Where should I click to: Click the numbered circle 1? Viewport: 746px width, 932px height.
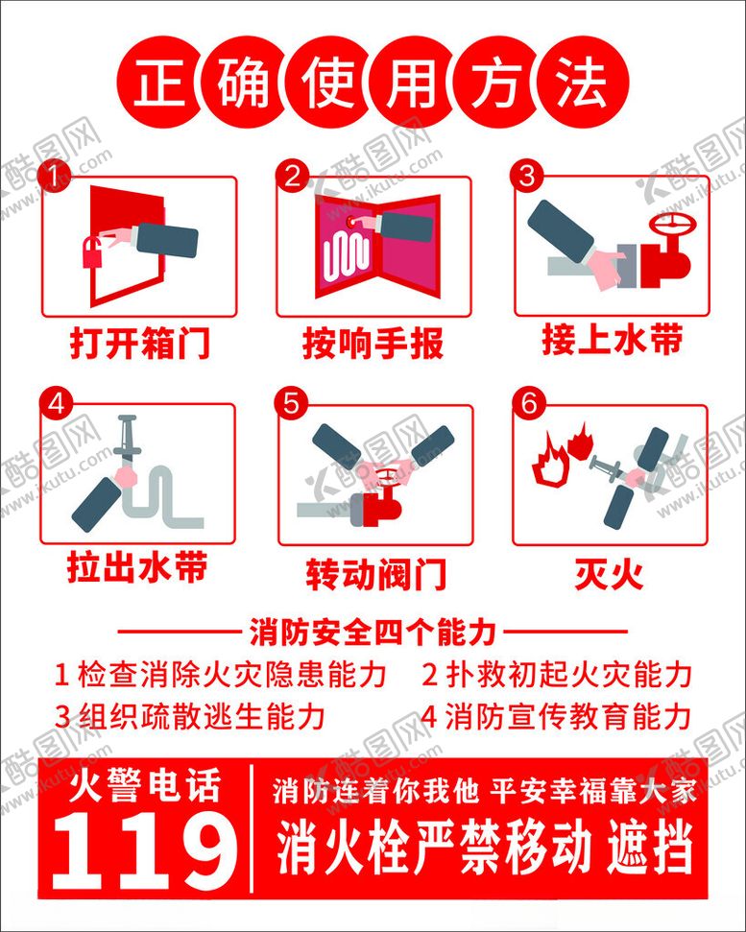point(54,177)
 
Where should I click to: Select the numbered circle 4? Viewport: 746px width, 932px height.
point(56,404)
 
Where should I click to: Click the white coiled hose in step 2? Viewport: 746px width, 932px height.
point(346,255)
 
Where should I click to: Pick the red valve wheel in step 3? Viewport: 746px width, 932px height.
point(672,226)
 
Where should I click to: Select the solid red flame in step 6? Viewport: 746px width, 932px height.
point(580,441)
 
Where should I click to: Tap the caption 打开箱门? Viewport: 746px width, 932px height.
point(139,343)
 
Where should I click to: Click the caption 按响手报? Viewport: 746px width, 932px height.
point(373,343)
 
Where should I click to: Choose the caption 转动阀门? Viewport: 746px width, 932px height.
point(375,574)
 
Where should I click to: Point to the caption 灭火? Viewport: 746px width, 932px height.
point(609,573)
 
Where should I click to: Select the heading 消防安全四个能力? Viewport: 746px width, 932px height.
point(373,632)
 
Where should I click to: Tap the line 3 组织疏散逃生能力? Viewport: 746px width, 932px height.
point(190,716)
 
